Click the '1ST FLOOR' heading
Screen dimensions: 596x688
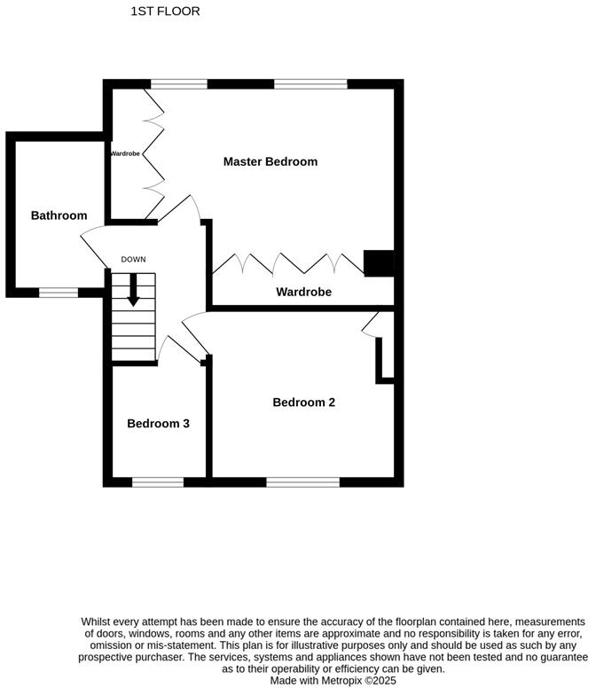(x=165, y=12)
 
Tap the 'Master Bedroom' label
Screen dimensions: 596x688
(x=270, y=161)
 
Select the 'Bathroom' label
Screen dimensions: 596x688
(x=59, y=215)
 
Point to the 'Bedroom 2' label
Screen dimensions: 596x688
(x=303, y=403)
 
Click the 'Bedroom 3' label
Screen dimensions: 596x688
(x=158, y=424)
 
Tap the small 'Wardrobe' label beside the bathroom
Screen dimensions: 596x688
(x=125, y=153)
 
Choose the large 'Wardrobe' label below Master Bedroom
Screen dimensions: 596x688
(x=303, y=292)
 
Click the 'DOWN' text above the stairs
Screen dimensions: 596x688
(x=133, y=260)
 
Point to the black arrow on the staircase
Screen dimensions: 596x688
(x=133, y=291)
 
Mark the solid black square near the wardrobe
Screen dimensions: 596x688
(x=379, y=263)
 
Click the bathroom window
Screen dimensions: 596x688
(x=58, y=292)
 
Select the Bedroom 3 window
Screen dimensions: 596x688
(x=158, y=482)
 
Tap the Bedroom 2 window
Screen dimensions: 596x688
(x=302, y=482)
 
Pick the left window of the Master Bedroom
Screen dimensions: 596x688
(x=178, y=84)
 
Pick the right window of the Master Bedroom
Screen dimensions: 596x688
(x=310, y=84)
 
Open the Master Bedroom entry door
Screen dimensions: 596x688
(x=182, y=208)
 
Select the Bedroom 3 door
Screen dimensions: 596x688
(x=182, y=346)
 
